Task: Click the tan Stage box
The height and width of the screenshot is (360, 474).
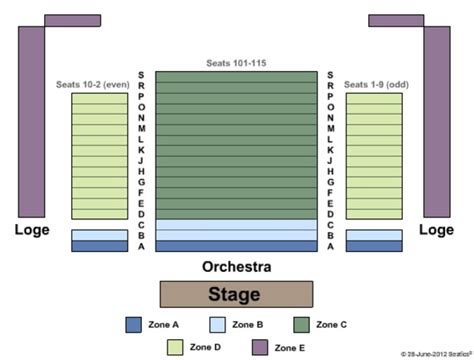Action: [x=236, y=294]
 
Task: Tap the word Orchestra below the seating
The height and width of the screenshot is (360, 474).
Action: [x=236, y=267]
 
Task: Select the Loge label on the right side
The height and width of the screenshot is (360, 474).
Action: [x=436, y=229]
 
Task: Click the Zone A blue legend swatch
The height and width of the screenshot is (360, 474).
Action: [x=134, y=324]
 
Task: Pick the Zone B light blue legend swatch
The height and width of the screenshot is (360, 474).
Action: [x=217, y=324]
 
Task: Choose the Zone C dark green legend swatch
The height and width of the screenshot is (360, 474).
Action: [x=301, y=324]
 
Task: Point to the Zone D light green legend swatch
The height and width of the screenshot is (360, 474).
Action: [x=175, y=346]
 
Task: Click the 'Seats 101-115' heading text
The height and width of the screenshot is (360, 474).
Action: [x=236, y=63]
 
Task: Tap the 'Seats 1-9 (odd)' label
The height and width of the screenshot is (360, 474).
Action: [x=376, y=84]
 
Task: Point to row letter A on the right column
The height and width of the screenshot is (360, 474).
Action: [x=330, y=246]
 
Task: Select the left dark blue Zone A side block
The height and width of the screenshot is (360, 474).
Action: [x=98, y=246]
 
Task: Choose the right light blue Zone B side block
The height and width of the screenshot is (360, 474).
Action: [x=374, y=235]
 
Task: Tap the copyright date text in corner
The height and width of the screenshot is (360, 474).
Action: [x=432, y=354]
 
